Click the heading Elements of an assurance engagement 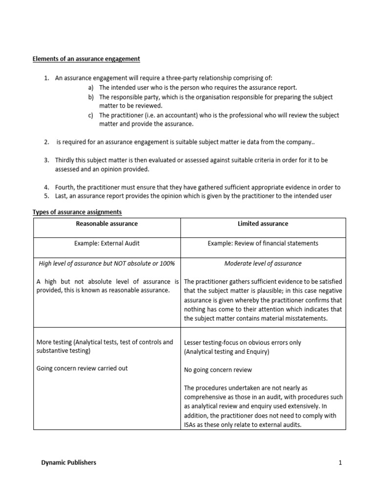pos(86,59)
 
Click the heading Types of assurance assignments pos(77,212)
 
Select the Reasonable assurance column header pos(106,224)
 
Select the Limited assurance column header pos(263,224)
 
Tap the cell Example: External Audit pos(106,244)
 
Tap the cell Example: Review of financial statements pos(263,244)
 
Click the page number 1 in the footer pos(340,462)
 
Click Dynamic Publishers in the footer pos(68,462)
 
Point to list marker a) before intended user pos(91,88)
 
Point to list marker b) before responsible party pos(91,97)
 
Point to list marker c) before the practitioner pos(91,115)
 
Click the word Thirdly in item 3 pos(66,160)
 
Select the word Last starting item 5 pos(62,196)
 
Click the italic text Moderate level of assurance pos(263,264)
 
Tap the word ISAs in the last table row pos(191,424)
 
